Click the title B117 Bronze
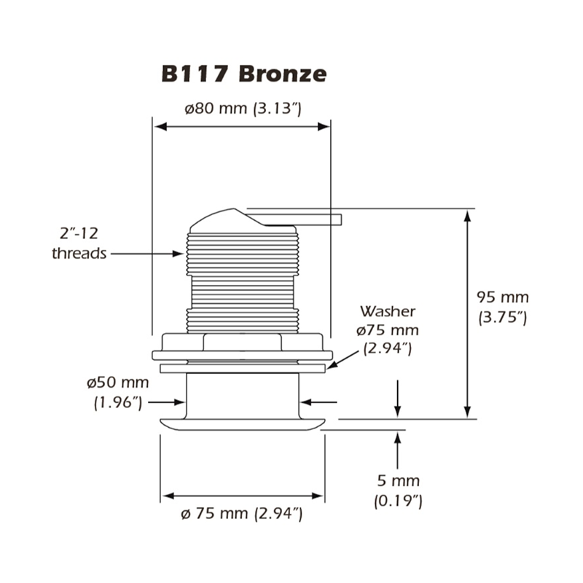(x=244, y=74)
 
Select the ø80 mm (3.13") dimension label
(x=243, y=109)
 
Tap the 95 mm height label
(x=503, y=297)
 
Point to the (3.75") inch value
(x=503, y=317)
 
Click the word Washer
(x=388, y=311)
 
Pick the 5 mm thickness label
(x=398, y=481)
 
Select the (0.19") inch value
(x=398, y=501)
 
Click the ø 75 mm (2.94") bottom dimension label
(x=242, y=514)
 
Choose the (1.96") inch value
(x=118, y=402)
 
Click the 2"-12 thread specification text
(x=79, y=233)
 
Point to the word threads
(x=79, y=253)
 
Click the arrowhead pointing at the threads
(x=178, y=254)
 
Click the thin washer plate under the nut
(x=243, y=369)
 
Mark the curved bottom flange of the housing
(x=243, y=424)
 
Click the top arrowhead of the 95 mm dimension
(x=468, y=216)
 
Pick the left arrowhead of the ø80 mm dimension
(x=160, y=127)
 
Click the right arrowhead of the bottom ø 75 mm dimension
(x=317, y=496)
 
